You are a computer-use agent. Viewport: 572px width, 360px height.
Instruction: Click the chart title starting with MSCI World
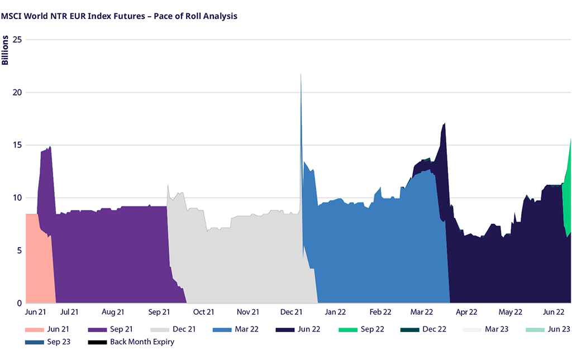119,16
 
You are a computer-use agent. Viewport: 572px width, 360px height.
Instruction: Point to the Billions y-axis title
5,50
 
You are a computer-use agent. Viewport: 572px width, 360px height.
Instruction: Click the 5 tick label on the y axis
18,251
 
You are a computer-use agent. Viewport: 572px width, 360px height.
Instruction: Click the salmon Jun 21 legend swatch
34,329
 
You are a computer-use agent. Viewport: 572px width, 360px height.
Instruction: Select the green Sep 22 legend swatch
348,329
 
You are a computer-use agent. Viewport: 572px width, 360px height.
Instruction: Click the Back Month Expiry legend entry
142,342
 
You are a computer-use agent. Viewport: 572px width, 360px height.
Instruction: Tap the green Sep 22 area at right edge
567,190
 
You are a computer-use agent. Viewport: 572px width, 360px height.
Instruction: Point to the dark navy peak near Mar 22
444,124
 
